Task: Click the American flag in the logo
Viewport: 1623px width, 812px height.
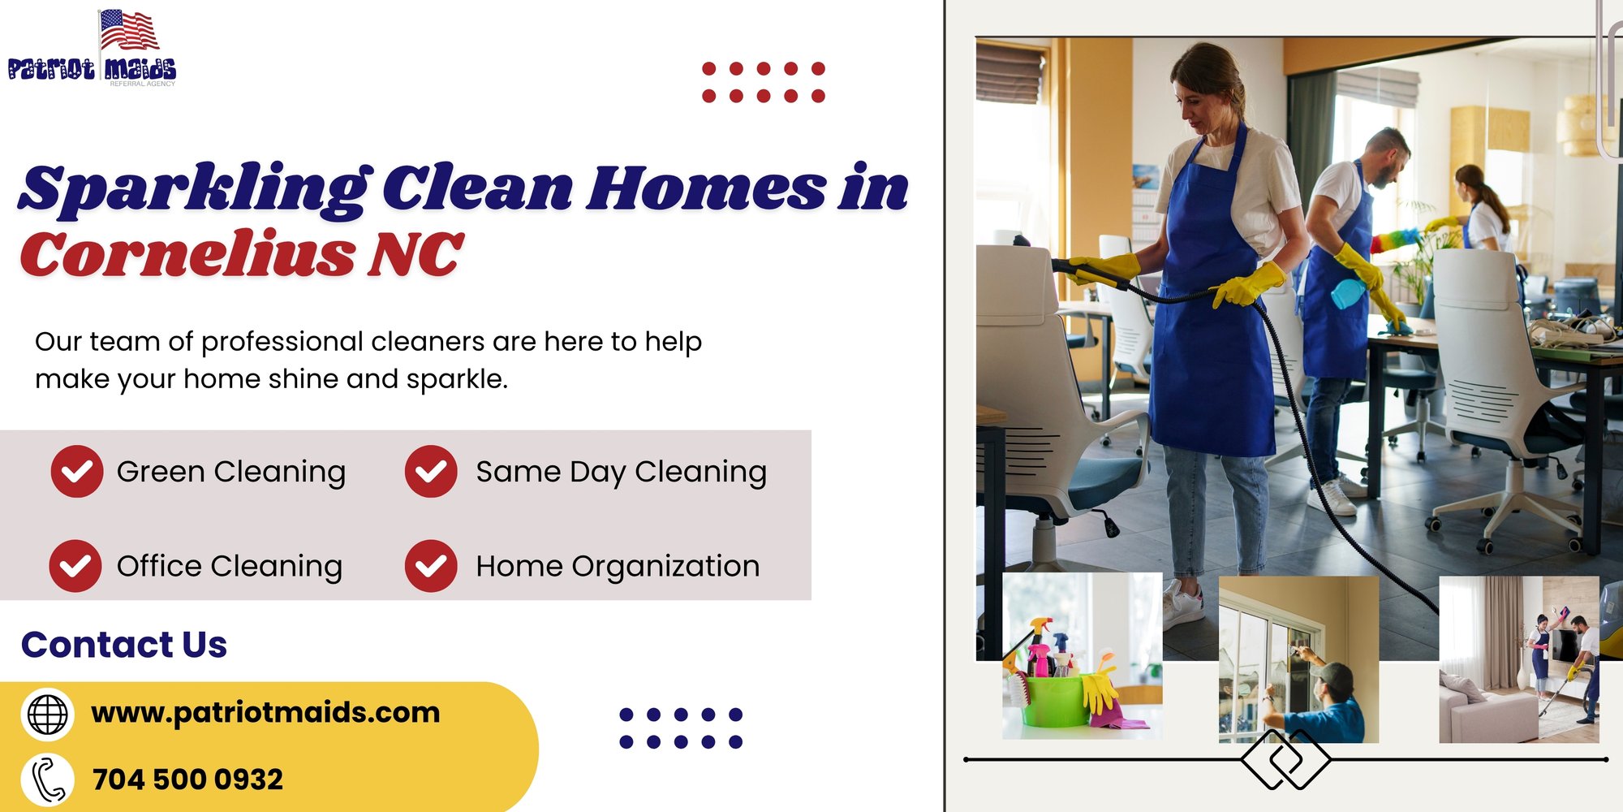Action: click(128, 31)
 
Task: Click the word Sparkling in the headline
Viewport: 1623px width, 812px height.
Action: click(195, 189)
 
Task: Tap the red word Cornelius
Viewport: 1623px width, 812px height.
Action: click(187, 253)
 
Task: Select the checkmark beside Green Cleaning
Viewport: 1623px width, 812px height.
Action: click(77, 471)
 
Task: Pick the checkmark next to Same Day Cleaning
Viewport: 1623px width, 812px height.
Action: click(431, 471)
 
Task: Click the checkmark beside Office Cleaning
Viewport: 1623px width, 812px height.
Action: click(75, 566)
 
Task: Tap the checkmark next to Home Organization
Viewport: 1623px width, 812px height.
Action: click(431, 566)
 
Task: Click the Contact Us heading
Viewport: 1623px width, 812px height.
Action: click(124, 645)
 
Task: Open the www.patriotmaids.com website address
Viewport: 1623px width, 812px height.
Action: click(265, 713)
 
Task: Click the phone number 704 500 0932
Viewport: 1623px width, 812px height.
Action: click(187, 780)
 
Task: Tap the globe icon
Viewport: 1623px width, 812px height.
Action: click(48, 715)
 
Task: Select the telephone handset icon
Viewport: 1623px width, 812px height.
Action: click(48, 780)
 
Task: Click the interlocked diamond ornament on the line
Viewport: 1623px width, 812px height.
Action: click(1285, 760)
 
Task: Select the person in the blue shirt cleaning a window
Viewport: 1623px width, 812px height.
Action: click(1319, 698)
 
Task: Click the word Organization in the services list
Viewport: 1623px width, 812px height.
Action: click(665, 567)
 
